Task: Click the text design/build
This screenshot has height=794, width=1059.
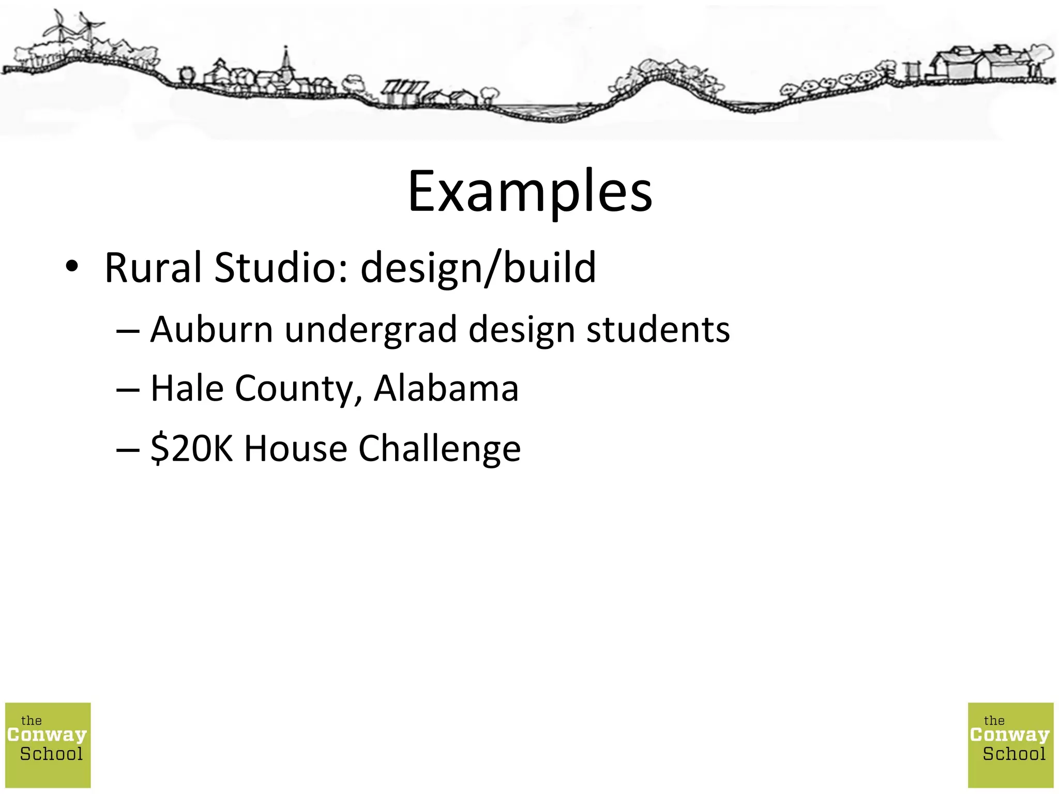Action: coord(478,268)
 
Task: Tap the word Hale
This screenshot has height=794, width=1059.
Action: coord(187,388)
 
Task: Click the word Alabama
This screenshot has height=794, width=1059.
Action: coord(446,388)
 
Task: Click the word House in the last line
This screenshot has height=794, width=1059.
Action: coord(295,448)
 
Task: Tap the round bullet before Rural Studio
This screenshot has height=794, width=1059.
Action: coord(72,267)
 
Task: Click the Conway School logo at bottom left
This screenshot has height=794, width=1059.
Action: coord(48,745)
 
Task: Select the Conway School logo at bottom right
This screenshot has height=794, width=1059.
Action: coord(1010,745)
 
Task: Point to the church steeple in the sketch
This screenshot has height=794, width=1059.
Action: coord(285,62)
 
